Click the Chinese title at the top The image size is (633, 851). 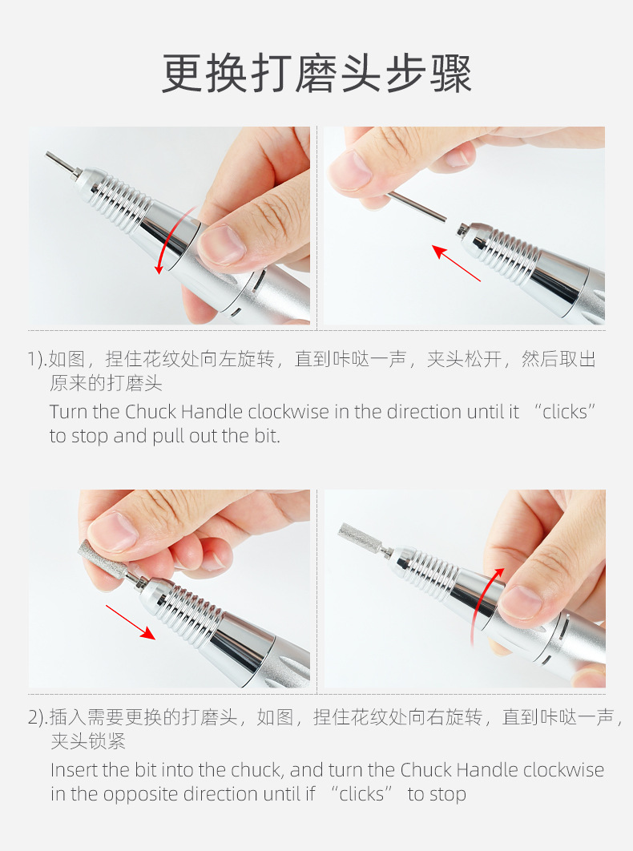tap(316, 74)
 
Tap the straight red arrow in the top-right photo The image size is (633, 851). tap(456, 263)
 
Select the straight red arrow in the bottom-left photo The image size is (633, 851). tap(131, 622)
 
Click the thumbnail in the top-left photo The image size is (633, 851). tap(222, 246)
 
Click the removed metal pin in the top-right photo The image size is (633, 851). tap(417, 206)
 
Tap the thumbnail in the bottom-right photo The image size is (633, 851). tap(519, 603)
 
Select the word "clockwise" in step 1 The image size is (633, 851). tap(288, 412)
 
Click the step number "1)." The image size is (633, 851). tap(38, 360)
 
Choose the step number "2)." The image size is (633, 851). tap(38, 718)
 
